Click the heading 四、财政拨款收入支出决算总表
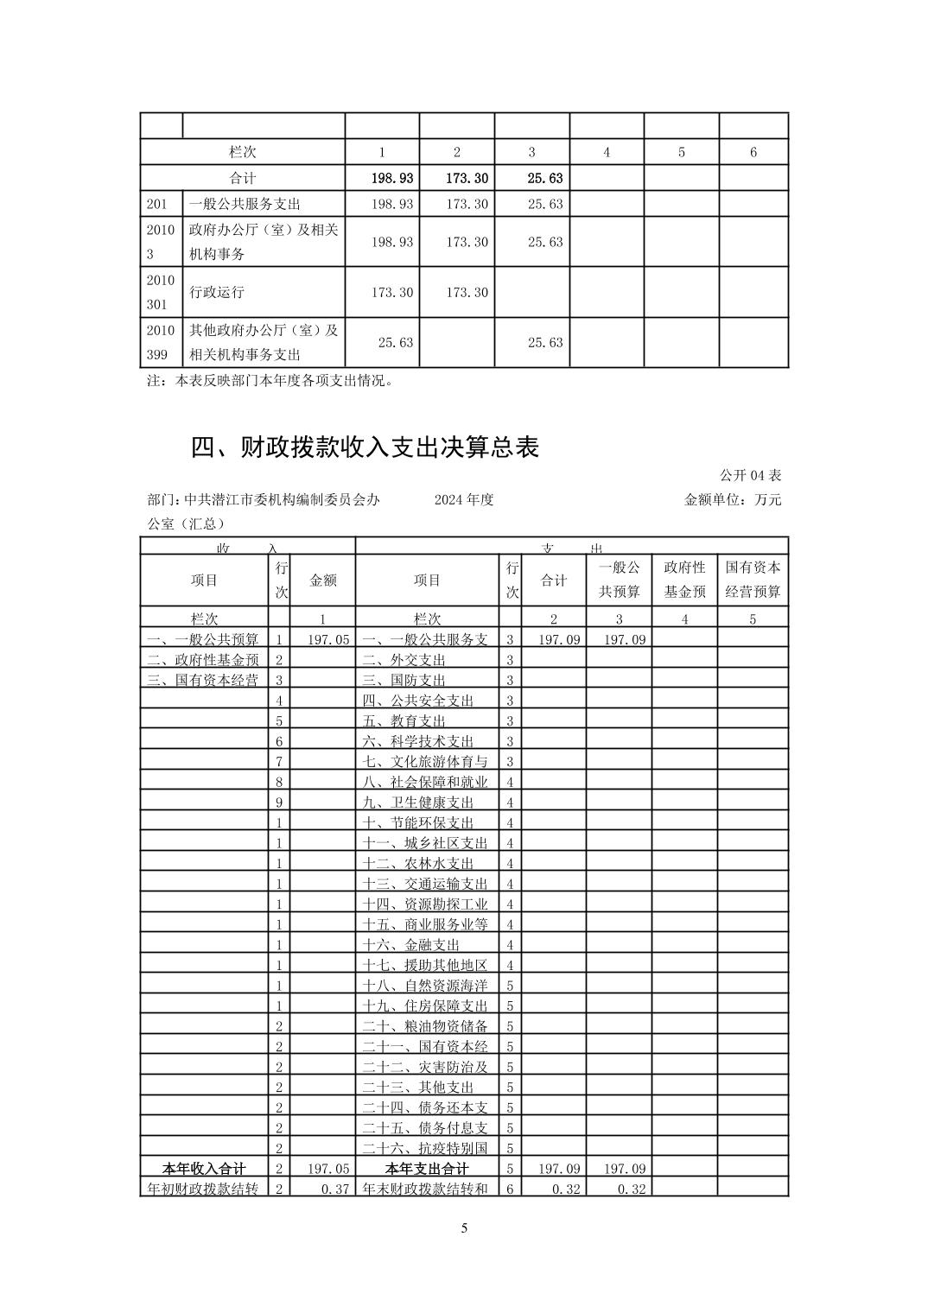(x=365, y=447)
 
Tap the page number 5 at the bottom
(x=464, y=1228)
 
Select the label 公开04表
(x=750, y=476)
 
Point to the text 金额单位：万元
(x=733, y=500)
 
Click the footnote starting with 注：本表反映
(x=270, y=380)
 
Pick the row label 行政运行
(x=217, y=292)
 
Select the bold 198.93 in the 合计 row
(x=391, y=178)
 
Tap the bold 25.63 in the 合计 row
(x=544, y=178)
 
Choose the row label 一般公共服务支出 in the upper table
(x=245, y=204)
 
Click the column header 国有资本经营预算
(x=753, y=580)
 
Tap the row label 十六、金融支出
(x=411, y=945)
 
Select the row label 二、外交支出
(x=404, y=661)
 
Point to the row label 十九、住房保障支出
(x=425, y=1005)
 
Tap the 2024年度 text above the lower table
(x=464, y=500)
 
